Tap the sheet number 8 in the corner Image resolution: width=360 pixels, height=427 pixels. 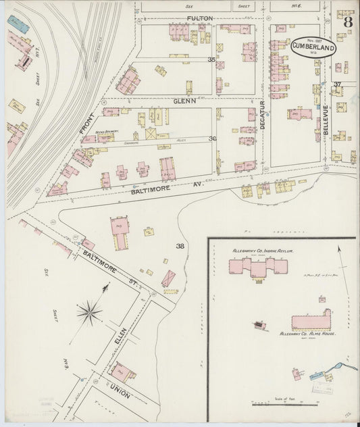coord(348,21)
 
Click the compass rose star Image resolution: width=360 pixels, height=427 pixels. coord(88,311)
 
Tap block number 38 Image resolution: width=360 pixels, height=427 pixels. coord(180,245)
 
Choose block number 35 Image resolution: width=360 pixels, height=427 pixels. coord(211,60)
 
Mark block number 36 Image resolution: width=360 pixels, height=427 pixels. coord(212,139)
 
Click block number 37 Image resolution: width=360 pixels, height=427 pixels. coord(337,84)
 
